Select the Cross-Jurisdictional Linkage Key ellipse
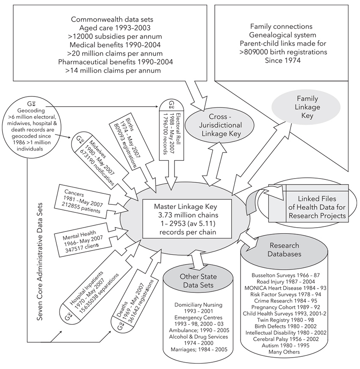(219, 125)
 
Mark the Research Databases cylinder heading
(284, 250)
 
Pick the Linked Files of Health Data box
(317, 207)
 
